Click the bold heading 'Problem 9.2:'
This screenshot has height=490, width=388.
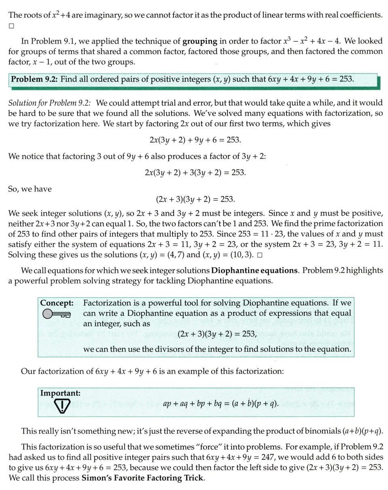[34, 78]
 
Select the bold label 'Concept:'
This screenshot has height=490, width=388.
[57, 303]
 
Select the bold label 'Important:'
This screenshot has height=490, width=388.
[60, 393]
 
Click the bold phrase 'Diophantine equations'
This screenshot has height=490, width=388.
[254, 270]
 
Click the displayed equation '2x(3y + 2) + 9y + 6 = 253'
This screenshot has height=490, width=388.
[195, 140]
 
